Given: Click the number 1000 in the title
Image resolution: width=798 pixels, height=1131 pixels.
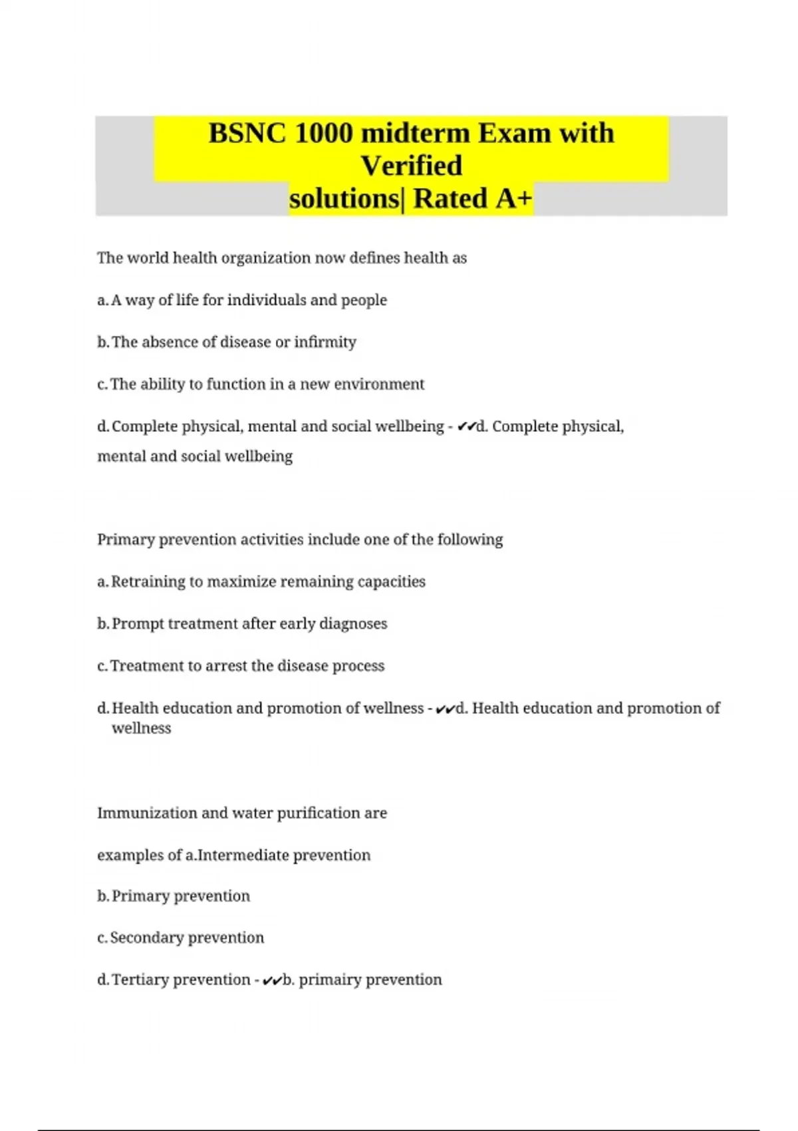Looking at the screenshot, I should pyautogui.click(x=323, y=133).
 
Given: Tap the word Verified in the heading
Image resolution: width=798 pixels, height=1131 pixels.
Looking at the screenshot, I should pyautogui.click(x=411, y=166).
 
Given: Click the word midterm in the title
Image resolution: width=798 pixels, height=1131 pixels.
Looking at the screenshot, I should pyautogui.click(x=416, y=133).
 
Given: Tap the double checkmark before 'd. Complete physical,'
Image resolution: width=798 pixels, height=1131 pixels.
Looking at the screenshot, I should pyautogui.click(x=466, y=427).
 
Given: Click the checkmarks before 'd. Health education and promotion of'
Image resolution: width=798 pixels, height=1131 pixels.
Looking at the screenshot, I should pyautogui.click(x=445, y=709).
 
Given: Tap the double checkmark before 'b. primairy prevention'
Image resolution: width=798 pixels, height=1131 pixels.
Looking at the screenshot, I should pyautogui.click(x=271, y=981).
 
